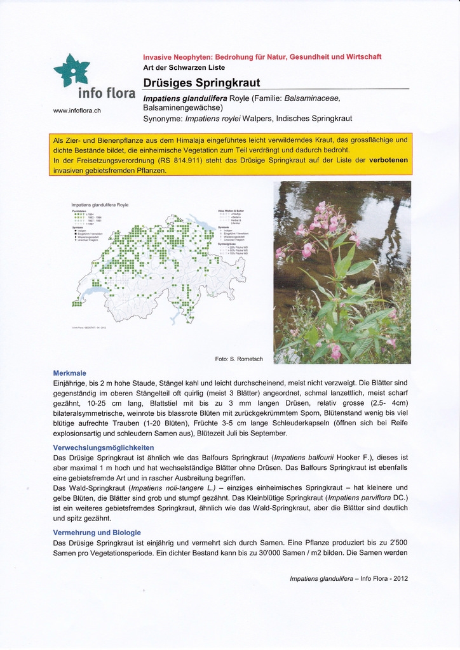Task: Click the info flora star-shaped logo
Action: (x=71, y=70)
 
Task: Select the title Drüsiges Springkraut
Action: (x=201, y=83)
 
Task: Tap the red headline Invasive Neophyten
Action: (x=262, y=56)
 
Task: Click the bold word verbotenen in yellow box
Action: (x=389, y=160)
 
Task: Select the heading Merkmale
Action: (x=69, y=373)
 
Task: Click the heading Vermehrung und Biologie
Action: (x=97, y=533)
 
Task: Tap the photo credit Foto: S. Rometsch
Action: (x=239, y=359)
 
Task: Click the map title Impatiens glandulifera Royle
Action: (x=100, y=205)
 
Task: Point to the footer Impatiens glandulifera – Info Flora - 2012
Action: (x=348, y=578)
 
